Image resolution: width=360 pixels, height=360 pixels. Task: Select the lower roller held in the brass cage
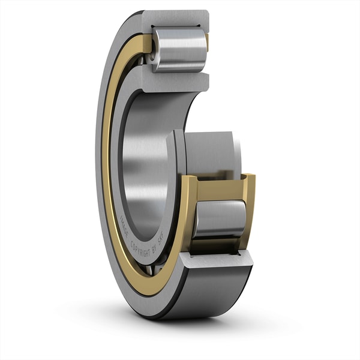219,219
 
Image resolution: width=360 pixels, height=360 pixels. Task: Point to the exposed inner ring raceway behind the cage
207,153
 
